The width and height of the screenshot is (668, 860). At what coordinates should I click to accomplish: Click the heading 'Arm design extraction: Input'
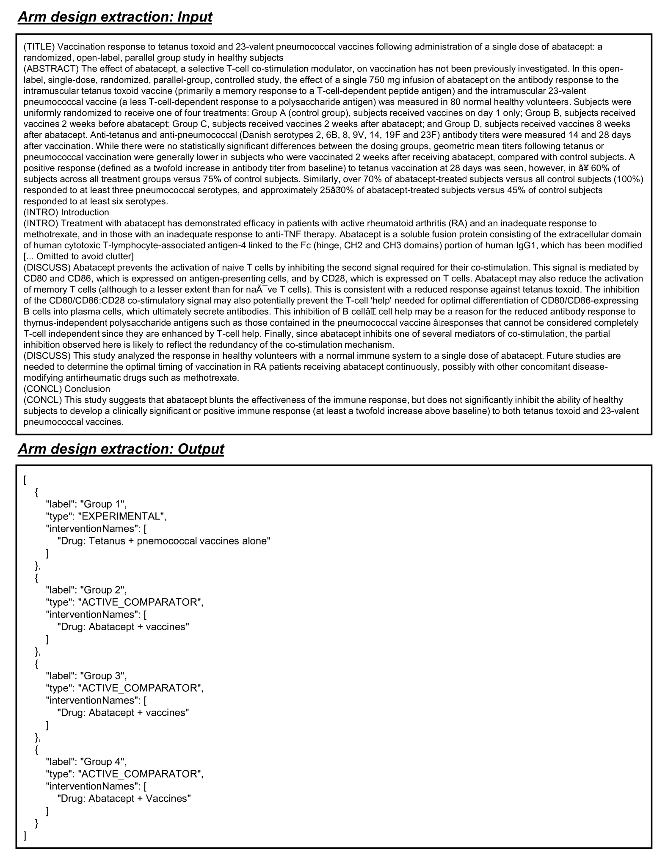(115, 17)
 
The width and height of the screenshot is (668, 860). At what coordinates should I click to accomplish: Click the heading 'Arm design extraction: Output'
(121, 449)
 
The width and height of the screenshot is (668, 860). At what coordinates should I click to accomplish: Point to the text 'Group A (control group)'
(301, 113)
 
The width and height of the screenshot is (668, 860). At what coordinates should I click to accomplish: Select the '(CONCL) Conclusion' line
(66, 389)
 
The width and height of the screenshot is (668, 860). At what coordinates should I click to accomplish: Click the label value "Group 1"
(103, 504)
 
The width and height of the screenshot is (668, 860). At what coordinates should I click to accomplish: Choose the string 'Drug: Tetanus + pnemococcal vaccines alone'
(164, 541)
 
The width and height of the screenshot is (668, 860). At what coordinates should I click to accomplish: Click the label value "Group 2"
(103, 590)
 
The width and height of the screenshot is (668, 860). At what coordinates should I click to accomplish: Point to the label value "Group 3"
(103, 676)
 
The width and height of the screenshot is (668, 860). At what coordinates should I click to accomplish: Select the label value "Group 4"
(103, 761)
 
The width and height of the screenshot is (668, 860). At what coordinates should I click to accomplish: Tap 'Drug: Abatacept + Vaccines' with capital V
(124, 798)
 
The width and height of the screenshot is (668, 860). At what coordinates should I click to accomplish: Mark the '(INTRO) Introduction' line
(66, 212)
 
